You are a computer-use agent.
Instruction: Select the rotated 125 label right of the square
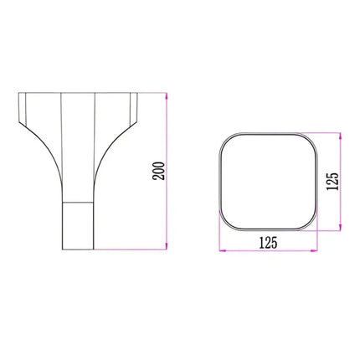(332, 182)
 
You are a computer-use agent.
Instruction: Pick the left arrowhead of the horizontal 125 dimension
(221, 249)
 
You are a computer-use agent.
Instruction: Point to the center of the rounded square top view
(267, 181)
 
